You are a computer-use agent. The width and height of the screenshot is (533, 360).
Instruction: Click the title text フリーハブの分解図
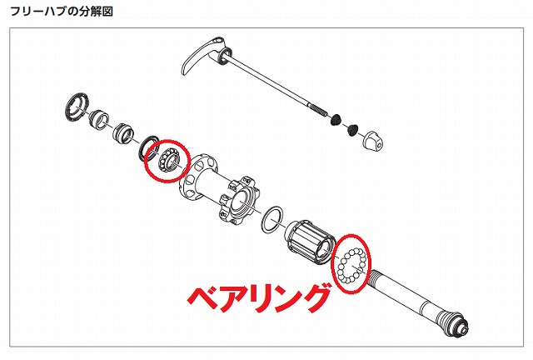61,11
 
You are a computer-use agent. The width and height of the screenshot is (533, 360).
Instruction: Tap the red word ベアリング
258,297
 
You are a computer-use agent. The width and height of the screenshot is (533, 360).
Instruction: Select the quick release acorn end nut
372,140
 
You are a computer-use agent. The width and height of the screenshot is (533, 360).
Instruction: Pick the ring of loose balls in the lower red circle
351,264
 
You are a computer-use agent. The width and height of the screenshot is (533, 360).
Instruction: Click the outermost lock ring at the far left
77,106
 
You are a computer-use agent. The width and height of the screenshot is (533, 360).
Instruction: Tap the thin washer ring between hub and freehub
272,219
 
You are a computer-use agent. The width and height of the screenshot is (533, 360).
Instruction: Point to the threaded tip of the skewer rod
317,109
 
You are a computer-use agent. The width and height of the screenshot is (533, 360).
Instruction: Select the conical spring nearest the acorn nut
352,130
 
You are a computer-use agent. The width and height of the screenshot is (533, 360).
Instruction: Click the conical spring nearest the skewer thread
336,119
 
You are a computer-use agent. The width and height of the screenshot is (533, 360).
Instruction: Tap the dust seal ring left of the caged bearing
148,148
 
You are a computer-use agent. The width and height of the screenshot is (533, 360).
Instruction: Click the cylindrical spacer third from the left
122,133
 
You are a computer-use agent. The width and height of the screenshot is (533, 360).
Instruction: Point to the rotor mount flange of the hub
237,200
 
